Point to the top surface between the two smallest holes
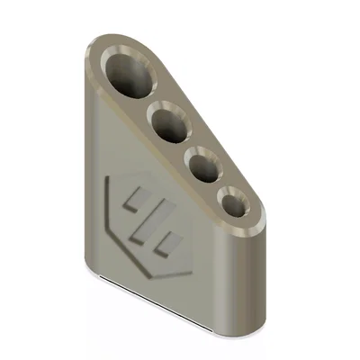pos(220,185)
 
